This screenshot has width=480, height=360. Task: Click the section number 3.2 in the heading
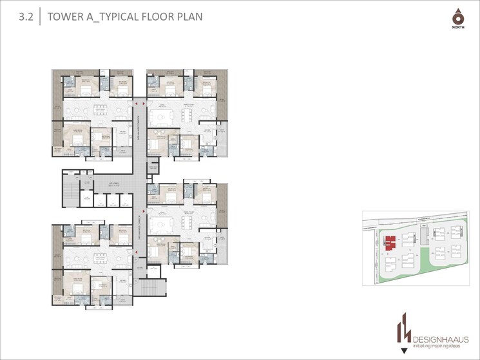pyautogui.click(x=26, y=17)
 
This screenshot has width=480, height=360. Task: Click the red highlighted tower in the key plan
pyautogui.click(x=390, y=243)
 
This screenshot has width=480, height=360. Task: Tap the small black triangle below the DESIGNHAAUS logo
pyautogui.click(x=404, y=351)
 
